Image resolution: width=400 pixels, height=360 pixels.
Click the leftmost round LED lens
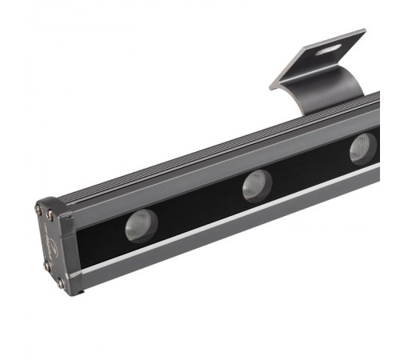pyautogui.click(x=140, y=226)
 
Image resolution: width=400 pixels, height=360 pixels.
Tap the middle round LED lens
pyautogui.click(x=257, y=186)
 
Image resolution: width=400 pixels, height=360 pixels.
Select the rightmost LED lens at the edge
pyautogui.click(x=362, y=148)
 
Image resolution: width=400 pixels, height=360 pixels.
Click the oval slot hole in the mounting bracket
pyautogui.click(x=327, y=50)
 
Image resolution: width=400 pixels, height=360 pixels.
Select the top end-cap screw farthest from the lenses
pyautogui.click(x=38, y=210)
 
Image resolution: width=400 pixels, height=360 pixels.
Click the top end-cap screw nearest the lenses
pyautogui.click(x=50, y=214)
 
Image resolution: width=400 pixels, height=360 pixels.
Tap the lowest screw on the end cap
pyautogui.click(x=61, y=282)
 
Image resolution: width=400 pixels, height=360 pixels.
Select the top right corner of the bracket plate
pyautogui.click(x=364, y=32)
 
